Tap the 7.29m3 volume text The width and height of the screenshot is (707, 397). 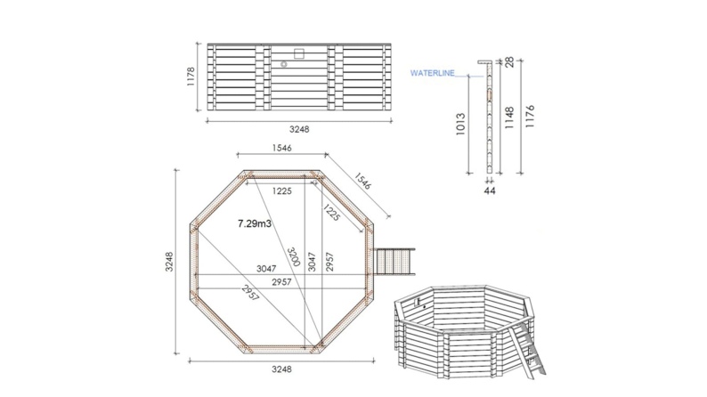(256, 225)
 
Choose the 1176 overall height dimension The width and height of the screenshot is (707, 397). (532, 121)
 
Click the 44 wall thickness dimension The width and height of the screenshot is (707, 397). (488, 190)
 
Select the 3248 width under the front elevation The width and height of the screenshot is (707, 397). (299, 127)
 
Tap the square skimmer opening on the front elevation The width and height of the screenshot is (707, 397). (298, 52)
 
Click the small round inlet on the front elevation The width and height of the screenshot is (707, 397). (284, 64)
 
